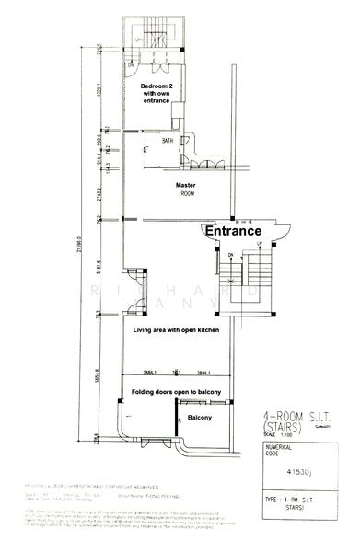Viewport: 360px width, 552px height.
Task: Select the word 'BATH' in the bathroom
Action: click(x=168, y=141)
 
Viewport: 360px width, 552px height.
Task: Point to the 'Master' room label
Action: click(x=187, y=185)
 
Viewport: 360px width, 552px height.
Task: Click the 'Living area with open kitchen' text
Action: click(x=176, y=328)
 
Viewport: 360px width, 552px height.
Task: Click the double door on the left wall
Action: click(x=134, y=280)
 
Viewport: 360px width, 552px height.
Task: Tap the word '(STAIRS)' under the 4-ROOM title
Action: click(x=278, y=428)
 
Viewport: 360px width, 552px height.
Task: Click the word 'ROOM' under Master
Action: click(x=187, y=194)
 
